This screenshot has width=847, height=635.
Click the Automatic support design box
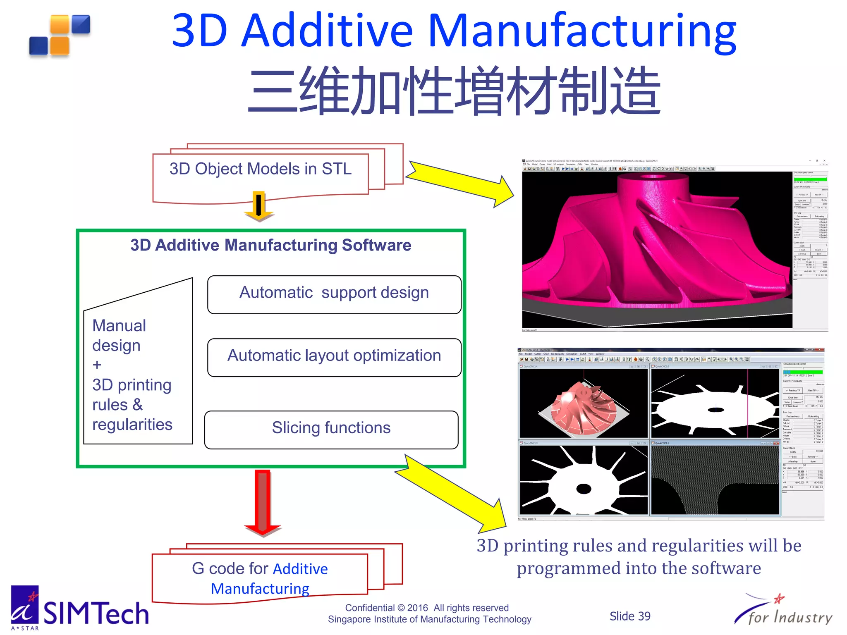334,294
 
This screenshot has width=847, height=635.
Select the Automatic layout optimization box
334,357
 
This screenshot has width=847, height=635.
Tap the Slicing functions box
331,429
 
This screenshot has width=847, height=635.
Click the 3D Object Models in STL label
261,169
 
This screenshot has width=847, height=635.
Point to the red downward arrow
263,502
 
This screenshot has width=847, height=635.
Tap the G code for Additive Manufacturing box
260,578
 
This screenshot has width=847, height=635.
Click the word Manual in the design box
119,326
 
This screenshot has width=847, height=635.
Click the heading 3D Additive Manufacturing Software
271,245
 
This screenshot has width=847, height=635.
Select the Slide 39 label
629,616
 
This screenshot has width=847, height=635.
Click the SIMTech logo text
96,614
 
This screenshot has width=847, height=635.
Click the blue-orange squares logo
60,35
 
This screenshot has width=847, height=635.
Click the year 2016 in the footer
417,608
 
